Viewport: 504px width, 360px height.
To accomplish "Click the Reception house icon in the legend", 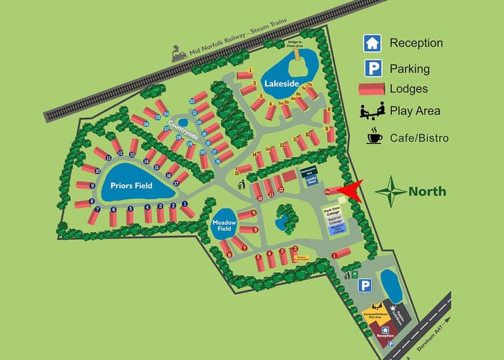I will (x=371, y=43).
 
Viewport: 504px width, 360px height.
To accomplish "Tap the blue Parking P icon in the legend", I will (x=371, y=68).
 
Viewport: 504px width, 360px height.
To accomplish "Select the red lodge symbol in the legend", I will (x=371, y=89).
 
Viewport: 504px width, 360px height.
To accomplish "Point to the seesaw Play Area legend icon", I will (x=371, y=111).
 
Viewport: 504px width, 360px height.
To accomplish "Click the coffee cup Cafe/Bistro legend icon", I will (x=374, y=137).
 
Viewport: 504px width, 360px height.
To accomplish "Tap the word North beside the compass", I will (x=427, y=191).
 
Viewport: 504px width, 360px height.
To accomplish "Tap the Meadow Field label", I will (x=225, y=225).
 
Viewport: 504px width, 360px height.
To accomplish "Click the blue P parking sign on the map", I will (x=365, y=286).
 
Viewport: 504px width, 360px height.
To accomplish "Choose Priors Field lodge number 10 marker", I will (x=97, y=171).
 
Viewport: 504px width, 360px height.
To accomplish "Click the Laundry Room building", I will (x=311, y=180).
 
